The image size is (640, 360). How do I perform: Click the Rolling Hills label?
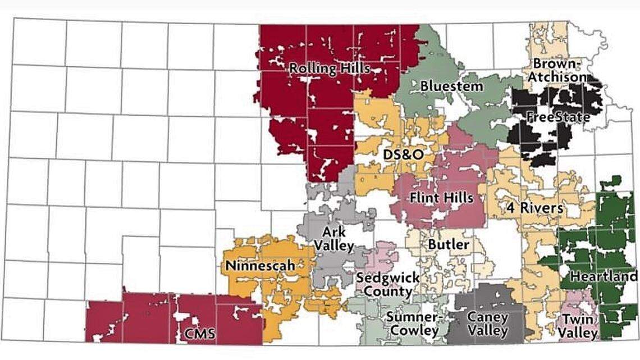[x=330, y=69]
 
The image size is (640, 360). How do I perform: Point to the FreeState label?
[x=557, y=117]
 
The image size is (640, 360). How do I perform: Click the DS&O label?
[x=399, y=154]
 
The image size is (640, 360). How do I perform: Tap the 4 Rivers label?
[x=534, y=207]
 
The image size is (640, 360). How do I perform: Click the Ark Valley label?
[x=337, y=239]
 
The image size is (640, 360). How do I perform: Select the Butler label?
[x=448, y=244]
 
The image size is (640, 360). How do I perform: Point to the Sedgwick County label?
[x=388, y=284]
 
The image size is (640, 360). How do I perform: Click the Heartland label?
[x=604, y=276]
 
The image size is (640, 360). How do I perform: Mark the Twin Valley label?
[x=579, y=326]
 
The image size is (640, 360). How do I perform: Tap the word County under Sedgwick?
[x=388, y=292]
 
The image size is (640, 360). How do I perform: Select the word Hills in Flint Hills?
[x=458, y=198]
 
